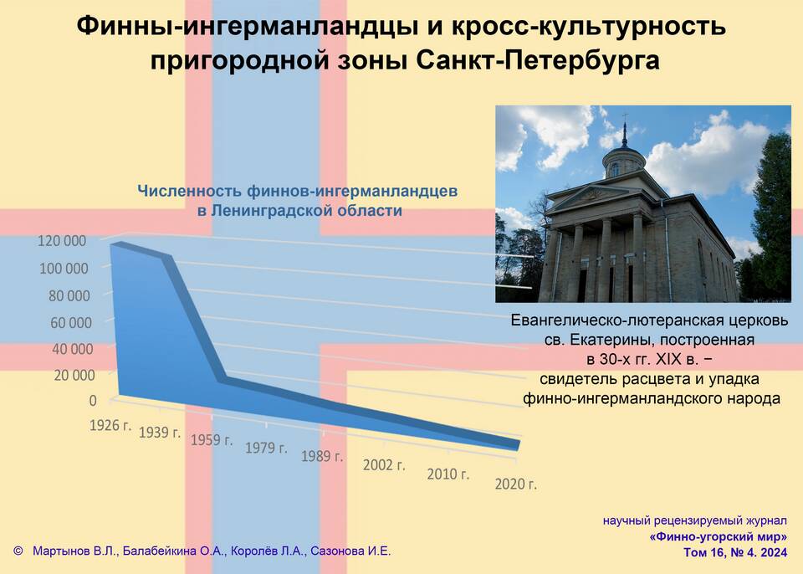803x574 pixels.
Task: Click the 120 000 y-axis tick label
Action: (x=62, y=241)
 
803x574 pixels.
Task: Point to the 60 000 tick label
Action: (x=72, y=323)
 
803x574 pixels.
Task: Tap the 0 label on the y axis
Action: (x=93, y=400)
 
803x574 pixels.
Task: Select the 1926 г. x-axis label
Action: (x=110, y=425)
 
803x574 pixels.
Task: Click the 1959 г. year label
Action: (x=212, y=440)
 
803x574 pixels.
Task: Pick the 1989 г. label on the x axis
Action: (x=321, y=456)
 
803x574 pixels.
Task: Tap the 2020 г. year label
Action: (x=516, y=484)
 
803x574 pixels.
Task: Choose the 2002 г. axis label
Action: (x=384, y=465)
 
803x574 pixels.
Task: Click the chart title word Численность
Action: (x=190, y=191)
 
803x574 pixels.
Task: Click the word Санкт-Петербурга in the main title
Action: (x=537, y=60)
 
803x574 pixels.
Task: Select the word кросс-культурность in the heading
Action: (x=588, y=27)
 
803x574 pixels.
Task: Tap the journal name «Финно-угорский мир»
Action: (x=718, y=536)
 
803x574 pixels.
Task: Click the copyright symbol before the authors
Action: (x=18, y=551)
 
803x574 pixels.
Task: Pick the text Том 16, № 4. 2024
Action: (x=735, y=552)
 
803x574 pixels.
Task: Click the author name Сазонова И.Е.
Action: (x=350, y=551)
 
